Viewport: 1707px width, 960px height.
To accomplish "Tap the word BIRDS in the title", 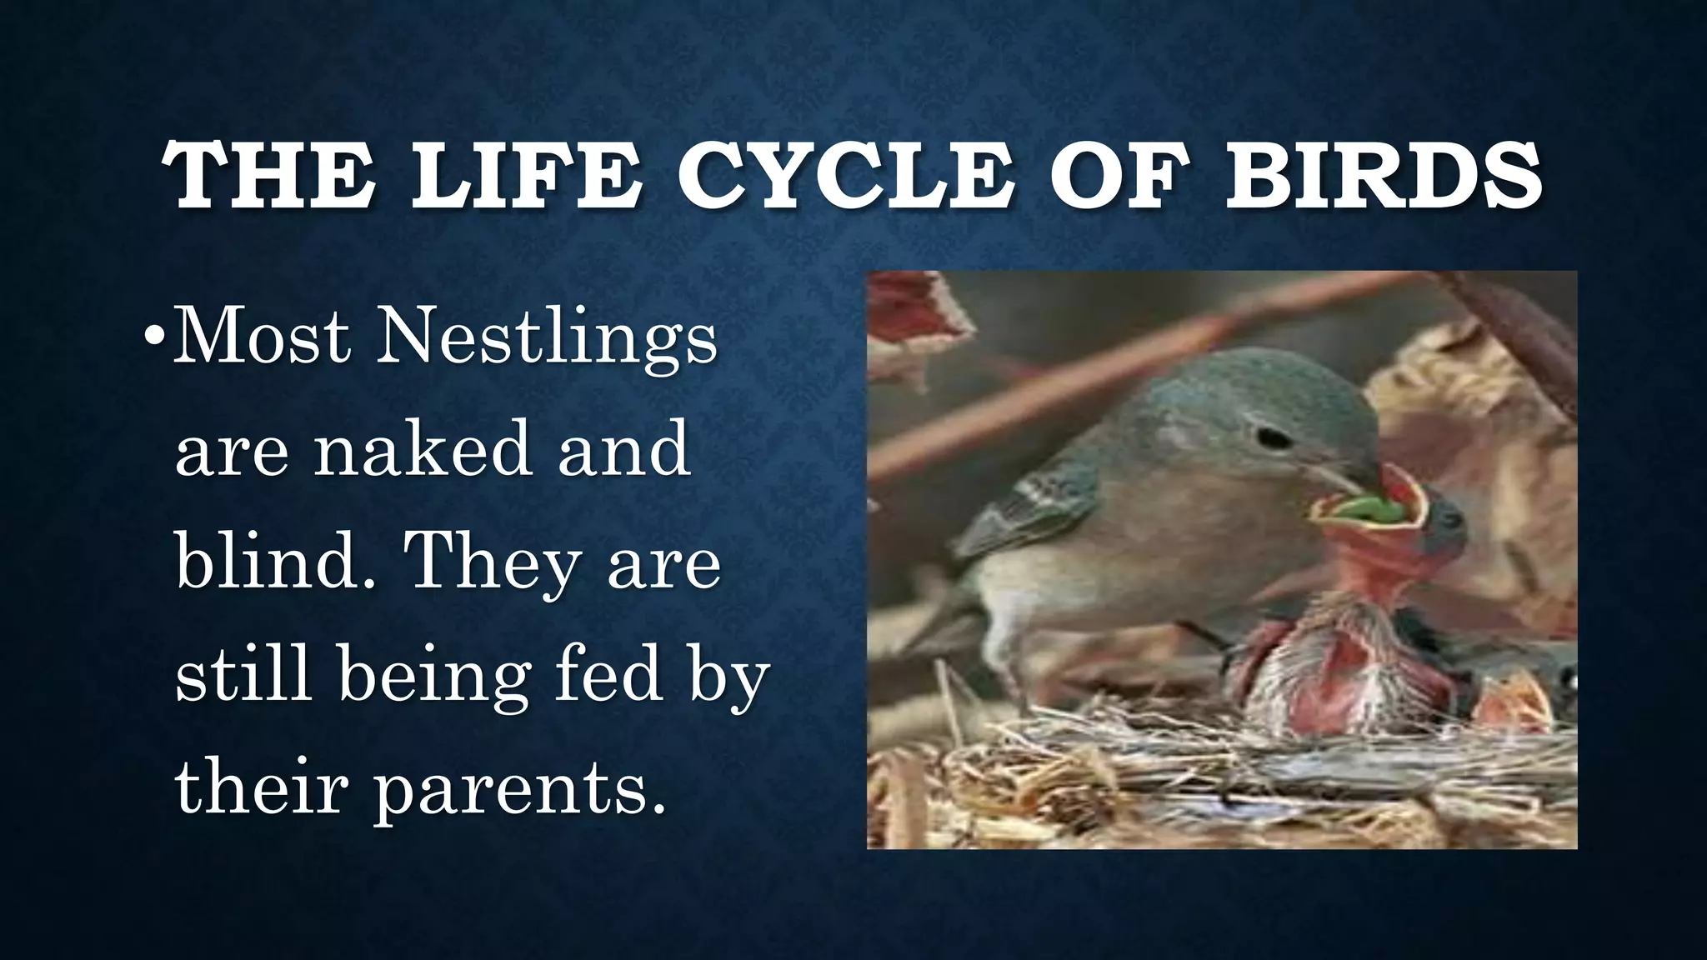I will tap(1383, 176).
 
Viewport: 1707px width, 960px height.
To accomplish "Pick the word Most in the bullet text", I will tap(262, 337).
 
